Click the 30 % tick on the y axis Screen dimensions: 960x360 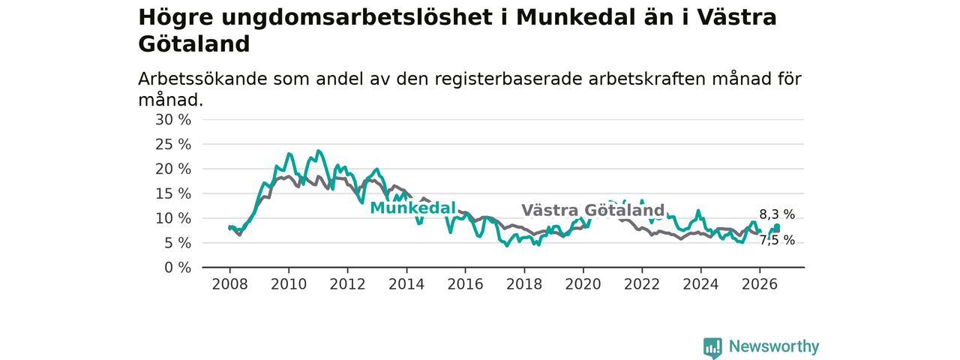coord(173,120)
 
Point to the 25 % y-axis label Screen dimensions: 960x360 coord(173,145)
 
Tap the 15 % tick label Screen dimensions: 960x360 coord(173,193)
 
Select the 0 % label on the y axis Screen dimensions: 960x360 coord(178,268)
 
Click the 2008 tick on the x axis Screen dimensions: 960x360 coord(229,284)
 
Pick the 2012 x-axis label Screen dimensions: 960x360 coord(347,284)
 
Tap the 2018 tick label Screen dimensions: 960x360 coord(524,284)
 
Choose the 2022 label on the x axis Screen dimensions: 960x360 coord(642,284)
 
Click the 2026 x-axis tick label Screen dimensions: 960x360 coord(760,284)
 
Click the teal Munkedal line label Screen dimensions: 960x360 coord(412,208)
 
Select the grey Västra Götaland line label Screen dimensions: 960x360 coord(592,211)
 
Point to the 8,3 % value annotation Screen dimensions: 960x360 coord(777,214)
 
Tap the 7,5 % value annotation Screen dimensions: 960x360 coord(777,241)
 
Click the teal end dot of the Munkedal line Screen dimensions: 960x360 coord(776,226)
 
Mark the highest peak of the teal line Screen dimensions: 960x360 coord(318,151)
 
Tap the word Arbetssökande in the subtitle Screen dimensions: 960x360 coord(202,79)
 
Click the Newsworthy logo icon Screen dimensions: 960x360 coord(712,347)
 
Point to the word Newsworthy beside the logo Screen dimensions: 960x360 coord(774,346)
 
